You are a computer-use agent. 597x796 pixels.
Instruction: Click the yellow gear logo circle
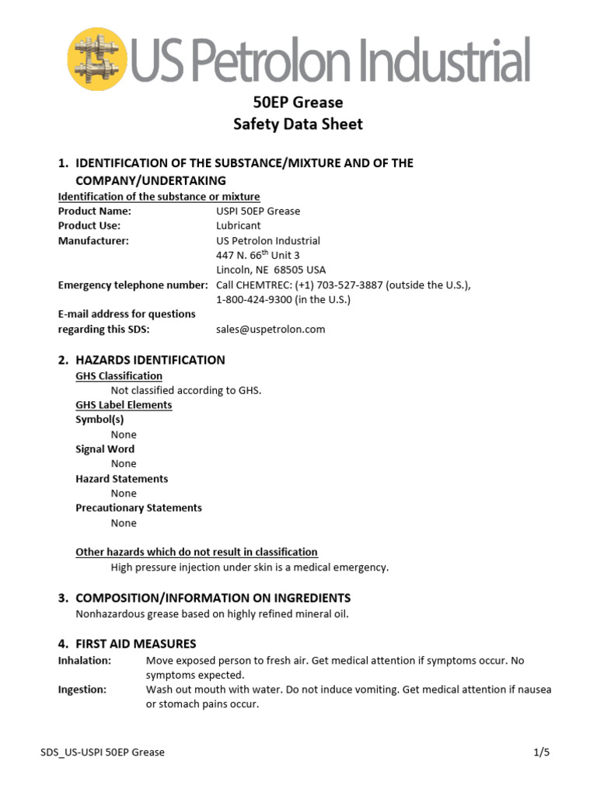click(x=98, y=58)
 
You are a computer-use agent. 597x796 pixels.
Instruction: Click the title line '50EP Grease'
click(x=298, y=103)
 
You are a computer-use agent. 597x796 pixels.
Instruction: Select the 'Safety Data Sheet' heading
click(x=298, y=124)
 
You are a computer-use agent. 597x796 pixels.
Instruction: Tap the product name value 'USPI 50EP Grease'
click(x=258, y=211)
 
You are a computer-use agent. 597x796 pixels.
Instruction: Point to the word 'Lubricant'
click(x=239, y=226)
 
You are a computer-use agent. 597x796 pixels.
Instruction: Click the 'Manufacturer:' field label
click(x=93, y=241)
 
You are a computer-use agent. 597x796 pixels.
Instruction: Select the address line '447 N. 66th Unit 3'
click(x=258, y=256)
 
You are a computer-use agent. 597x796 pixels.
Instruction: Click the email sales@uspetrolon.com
click(x=271, y=330)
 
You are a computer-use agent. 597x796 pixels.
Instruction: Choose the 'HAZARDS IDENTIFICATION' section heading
click(x=150, y=360)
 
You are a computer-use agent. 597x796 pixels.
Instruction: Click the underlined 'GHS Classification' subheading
click(x=119, y=376)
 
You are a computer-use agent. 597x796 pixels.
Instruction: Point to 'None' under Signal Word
click(x=124, y=464)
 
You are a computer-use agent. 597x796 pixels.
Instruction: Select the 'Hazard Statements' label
click(x=121, y=479)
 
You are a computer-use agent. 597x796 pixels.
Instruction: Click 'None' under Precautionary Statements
click(x=124, y=523)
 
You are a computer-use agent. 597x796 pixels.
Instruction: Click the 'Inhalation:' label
click(x=85, y=661)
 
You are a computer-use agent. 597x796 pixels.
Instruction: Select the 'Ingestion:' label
click(x=82, y=690)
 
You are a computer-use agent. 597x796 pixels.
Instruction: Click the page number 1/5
click(x=542, y=752)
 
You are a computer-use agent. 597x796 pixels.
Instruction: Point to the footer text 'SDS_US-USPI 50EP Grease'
click(x=102, y=752)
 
